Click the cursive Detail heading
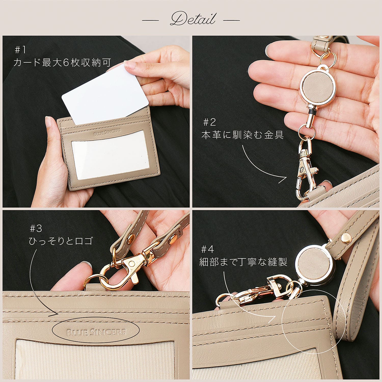[193, 19]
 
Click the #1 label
[20, 50]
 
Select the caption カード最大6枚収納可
[62, 62]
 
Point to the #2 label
[209, 122]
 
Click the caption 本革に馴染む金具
[242, 135]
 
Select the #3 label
[36, 228]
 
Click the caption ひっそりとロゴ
[61, 241]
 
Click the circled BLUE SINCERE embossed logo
[96, 332]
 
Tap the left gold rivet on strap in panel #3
[131, 239]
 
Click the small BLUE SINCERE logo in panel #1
[107, 132]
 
